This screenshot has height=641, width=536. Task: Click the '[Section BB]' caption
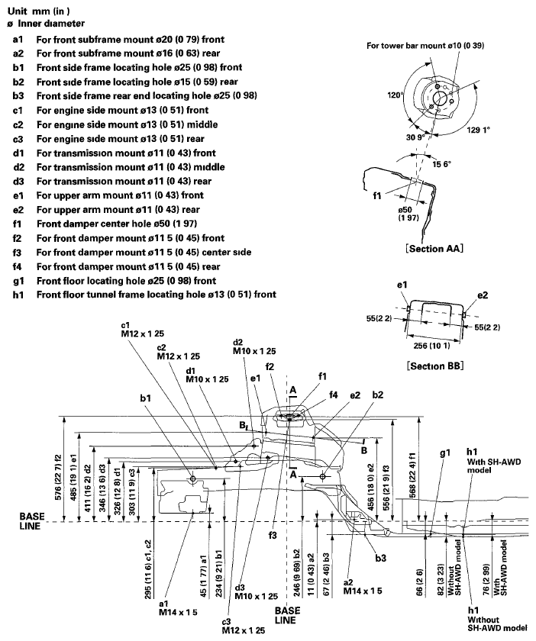click(x=437, y=366)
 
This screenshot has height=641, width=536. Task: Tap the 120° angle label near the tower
click(x=395, y=98)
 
